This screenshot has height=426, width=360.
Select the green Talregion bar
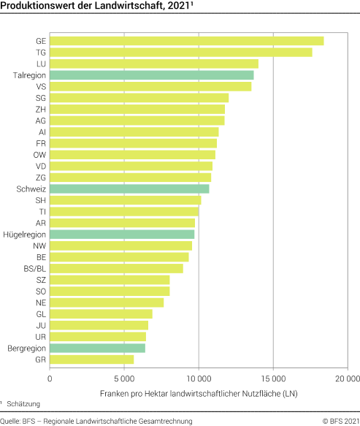click(151, 75)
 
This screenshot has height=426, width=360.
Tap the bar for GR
click(91, 359)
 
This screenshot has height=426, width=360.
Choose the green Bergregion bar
click(97, 348)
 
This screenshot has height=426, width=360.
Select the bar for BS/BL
click(116, 268)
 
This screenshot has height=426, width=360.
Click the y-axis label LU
click(41, 64)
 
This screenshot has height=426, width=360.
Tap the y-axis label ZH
click(41, 110)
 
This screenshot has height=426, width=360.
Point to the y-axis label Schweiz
click(31, 189)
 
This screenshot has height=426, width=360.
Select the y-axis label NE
click(41, 303)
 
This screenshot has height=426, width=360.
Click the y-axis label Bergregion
click(26, 348)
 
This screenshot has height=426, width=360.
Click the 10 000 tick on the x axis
click(199, 379)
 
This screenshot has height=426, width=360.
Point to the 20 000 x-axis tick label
click(347, 379)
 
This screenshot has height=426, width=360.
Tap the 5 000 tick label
click(124, 379)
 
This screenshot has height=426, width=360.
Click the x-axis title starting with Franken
click(197, 394)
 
